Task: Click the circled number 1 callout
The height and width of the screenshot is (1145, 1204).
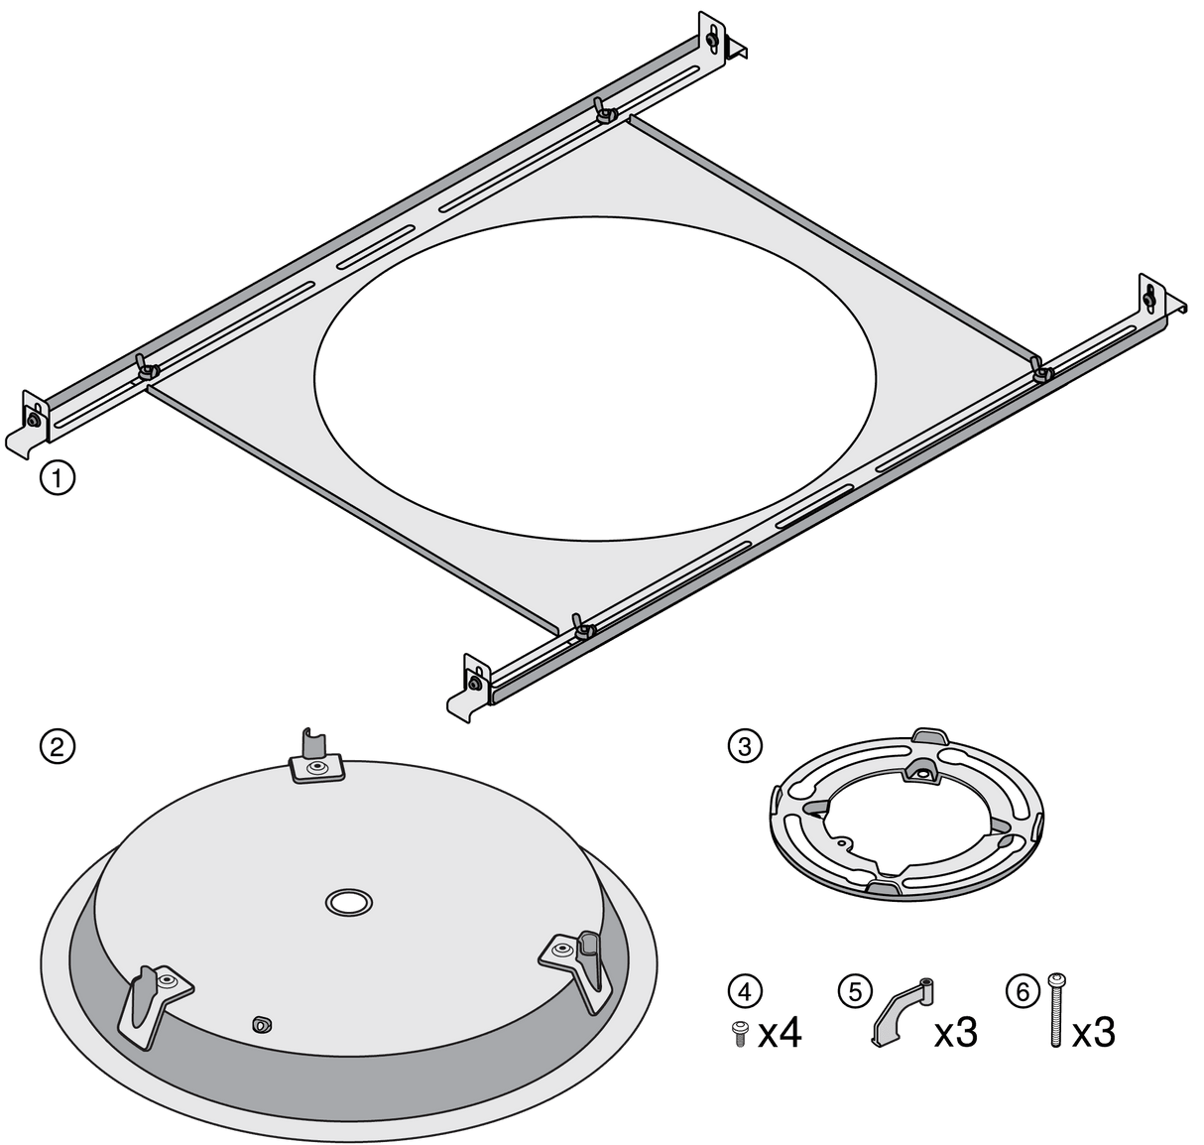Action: (x=58, y=477)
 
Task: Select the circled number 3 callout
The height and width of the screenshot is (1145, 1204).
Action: (x=745, y=746)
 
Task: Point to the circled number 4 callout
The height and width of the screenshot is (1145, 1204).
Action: (x=745, y=992)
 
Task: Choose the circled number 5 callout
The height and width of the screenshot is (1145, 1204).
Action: (x=855, y=992)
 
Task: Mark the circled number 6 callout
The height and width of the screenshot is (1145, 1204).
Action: (x=1023, y=992)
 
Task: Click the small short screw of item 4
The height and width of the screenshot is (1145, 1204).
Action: (x=741, y=1034)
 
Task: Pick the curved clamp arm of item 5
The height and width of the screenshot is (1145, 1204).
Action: (x=901, y=1013)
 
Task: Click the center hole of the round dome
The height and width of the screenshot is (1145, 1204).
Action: (x=348, y=902)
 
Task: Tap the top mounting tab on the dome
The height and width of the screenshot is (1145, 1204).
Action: (x=315, y=758)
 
